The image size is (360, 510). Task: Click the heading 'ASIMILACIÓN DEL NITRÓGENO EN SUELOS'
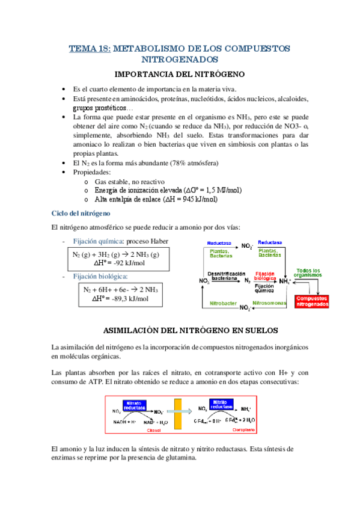(x=179, y=331)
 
